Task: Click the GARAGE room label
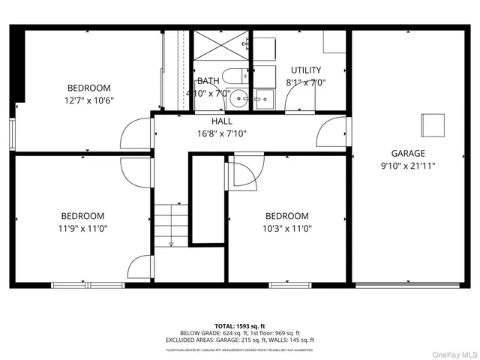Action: [x=408, y=153]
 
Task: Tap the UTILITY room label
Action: [x=306, y=70]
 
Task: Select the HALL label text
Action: [x=222, y=121]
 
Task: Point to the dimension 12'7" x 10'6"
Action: [x=90, y=100]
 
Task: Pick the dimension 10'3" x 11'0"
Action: [x=286, y=229]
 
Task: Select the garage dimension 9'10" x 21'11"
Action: [x=408, y=165]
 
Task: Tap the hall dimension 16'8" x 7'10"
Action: [x=222, y=133]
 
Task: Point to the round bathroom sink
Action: [x=238, y=97]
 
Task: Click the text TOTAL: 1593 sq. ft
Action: [x=239, y=326]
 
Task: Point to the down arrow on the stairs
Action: [x=171, y=242]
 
